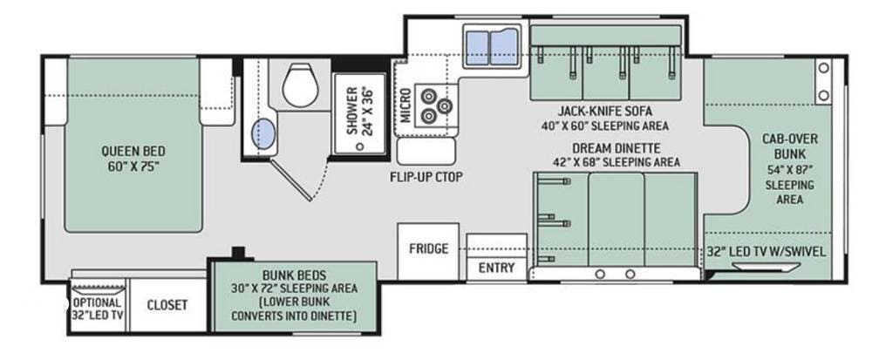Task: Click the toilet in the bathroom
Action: click(x=300, y=85)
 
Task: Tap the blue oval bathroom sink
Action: click(x=263, y=134)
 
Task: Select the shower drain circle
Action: click(x=360, y=146)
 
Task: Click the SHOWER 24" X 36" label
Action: click(x=358, y=111)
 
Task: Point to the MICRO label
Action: click(x=405, y=105)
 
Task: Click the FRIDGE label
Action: click(x=429, y=248)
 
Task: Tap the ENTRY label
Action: click(x=497, y=268)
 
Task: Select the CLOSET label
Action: click(x=167, y=305)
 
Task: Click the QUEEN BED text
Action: click(x=133, y=151)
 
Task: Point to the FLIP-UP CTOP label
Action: click(x=426, y=177)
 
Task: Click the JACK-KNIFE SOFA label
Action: click(x=605, y=111)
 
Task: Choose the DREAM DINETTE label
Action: click(x=617, y=148)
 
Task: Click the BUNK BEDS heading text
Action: click(x=294, y=275)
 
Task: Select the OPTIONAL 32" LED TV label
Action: click(x=97, y=309)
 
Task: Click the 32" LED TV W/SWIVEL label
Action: click(x=766, y=252)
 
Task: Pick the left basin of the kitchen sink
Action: click(x=477, y=48)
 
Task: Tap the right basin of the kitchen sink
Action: click(x=504, y=47)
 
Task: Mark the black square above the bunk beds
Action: click(x=239, y=252)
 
